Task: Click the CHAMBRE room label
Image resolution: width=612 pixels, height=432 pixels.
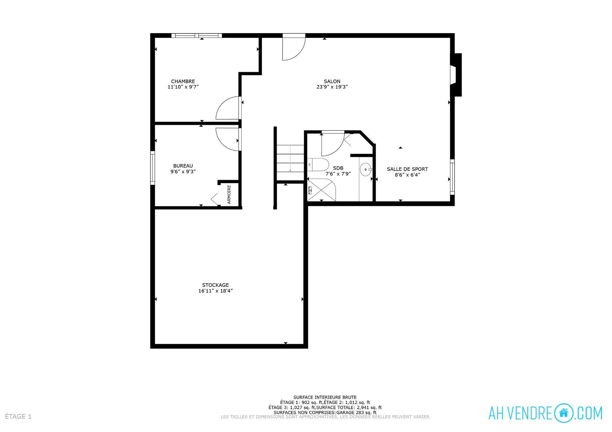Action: click(183, 81)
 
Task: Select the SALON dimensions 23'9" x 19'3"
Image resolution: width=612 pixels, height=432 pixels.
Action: click(332, 87)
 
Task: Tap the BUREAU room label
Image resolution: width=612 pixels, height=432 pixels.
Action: click(183, 166)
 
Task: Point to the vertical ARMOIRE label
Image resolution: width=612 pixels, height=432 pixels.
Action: click(229, 194)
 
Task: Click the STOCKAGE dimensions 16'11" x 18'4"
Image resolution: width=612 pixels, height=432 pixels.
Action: click(215, 291)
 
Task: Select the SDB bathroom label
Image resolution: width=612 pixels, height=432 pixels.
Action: click(338, 168)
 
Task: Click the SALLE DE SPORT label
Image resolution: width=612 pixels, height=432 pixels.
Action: click(407, 169)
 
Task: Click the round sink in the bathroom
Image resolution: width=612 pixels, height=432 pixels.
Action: click(366, 169)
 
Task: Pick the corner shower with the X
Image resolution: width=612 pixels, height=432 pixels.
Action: click(321, 190)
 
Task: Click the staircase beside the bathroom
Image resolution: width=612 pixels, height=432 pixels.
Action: click(290, 162)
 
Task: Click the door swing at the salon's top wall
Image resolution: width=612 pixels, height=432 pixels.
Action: click(293, 48)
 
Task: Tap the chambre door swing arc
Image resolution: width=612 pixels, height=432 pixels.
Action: click(228, 108)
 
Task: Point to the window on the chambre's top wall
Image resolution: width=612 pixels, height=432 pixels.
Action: click(196, 35)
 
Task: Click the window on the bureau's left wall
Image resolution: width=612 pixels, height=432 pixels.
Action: click(153, 168)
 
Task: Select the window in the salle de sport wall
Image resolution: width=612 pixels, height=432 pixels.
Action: click(452, 176)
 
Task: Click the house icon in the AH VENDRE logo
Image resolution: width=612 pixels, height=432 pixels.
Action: click(564, 413)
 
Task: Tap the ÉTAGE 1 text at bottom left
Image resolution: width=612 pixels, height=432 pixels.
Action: click(18, 416)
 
